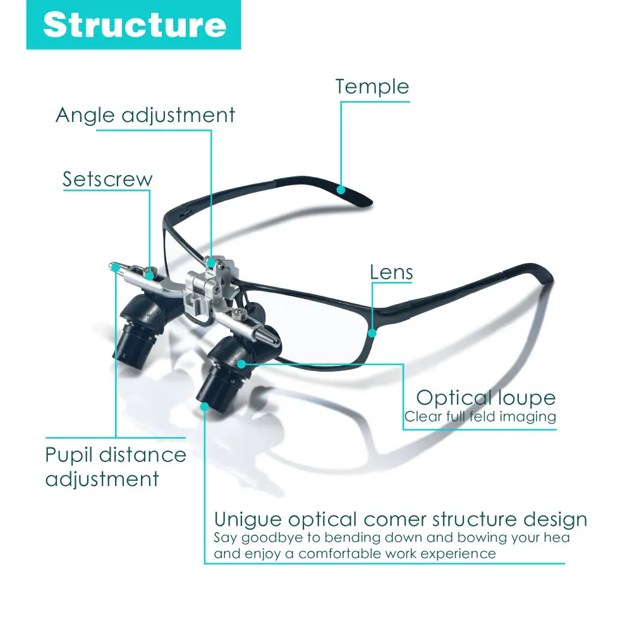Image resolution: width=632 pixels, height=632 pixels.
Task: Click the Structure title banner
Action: (x=133, y=25)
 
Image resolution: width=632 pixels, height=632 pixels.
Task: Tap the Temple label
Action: (x=372, y=87)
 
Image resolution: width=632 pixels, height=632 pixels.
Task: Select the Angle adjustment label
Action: (x=145, y=116)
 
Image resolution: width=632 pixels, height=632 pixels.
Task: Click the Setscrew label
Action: (x=107, y=179)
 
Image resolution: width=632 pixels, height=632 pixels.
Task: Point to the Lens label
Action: (x=391, y=272)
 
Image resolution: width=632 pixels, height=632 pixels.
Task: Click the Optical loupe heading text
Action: (x=485, y=398)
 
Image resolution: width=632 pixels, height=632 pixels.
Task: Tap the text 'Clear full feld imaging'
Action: (x=480, y=417)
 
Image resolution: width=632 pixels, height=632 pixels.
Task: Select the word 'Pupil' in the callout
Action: (x=68, y=456)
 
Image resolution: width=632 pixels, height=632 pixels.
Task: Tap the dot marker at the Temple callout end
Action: (x=341, y=188)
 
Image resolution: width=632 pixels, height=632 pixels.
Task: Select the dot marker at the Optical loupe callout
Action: (x=241, y=363)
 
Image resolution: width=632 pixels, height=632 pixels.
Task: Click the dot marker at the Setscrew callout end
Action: (x=150, y=274)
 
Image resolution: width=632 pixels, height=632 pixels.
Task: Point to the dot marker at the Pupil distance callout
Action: (x=117, y=271)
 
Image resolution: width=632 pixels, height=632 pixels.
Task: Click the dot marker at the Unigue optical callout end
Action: (x=205, y=406)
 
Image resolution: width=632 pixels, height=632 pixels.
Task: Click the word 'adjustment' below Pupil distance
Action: (x=102, y=479)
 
